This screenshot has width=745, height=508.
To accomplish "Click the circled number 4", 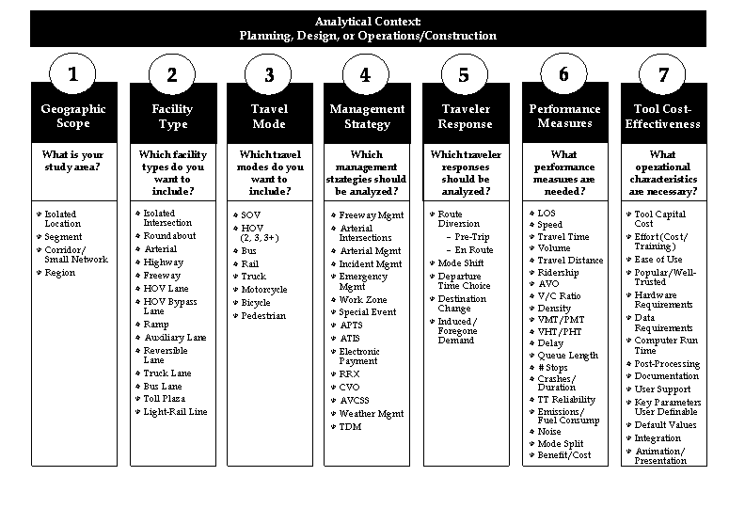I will click(365, 75).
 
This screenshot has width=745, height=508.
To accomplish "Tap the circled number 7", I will click(663, 75).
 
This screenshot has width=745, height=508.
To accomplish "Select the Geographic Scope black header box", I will click(73, 116).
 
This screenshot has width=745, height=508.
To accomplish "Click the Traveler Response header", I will click(465, 117).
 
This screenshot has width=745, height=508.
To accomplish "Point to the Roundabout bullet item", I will click(169, 236).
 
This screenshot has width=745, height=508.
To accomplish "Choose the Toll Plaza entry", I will click(164, 399).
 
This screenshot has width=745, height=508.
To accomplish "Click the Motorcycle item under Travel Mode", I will click(263, 290).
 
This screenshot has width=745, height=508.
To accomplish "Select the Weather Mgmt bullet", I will click(370, 414).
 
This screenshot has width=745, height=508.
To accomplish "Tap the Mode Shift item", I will click(460, 263).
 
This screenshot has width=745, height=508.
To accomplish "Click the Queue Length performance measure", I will click(567, 356).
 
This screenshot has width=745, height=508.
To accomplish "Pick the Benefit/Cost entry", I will click(563, 455).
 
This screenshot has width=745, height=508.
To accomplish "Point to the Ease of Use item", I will click(658, 260).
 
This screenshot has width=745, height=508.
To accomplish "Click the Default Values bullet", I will click(665, 425).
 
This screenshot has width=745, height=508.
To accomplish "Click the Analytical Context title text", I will click(368, 21).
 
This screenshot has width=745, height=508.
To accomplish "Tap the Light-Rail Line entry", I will click(175, 412).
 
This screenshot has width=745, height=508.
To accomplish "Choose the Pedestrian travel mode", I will click(263, 316).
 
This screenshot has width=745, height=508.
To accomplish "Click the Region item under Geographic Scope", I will click(59, 273).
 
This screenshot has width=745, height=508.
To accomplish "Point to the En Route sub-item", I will click(473, 250).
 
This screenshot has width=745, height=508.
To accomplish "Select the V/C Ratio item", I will click(559, 296).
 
